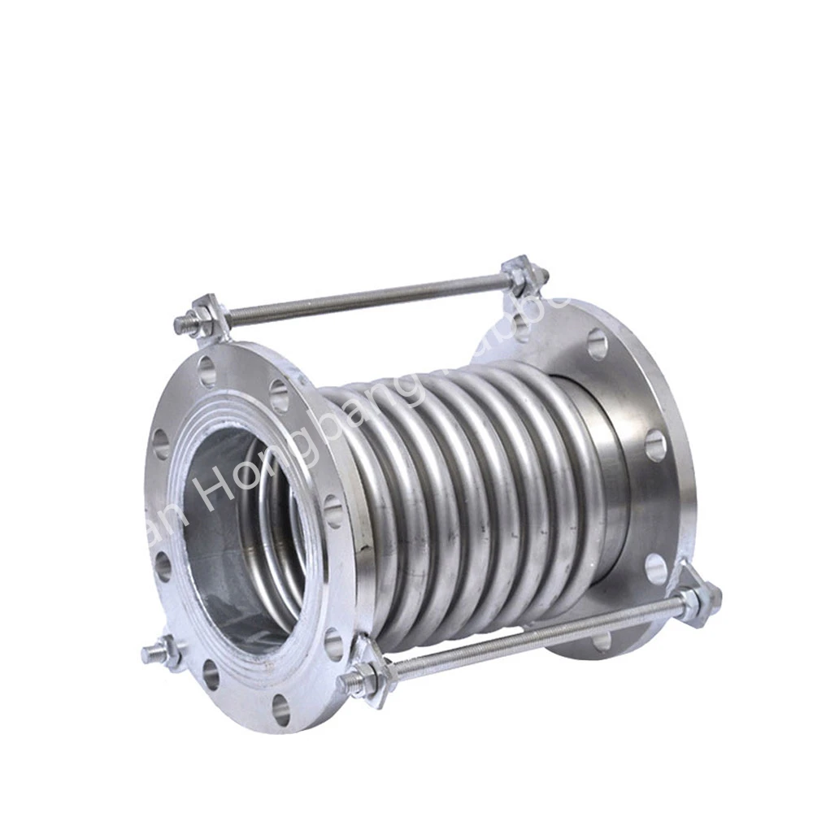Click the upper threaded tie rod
click(x=366, y=297)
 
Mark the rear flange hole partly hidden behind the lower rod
click(x=602, y=642)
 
